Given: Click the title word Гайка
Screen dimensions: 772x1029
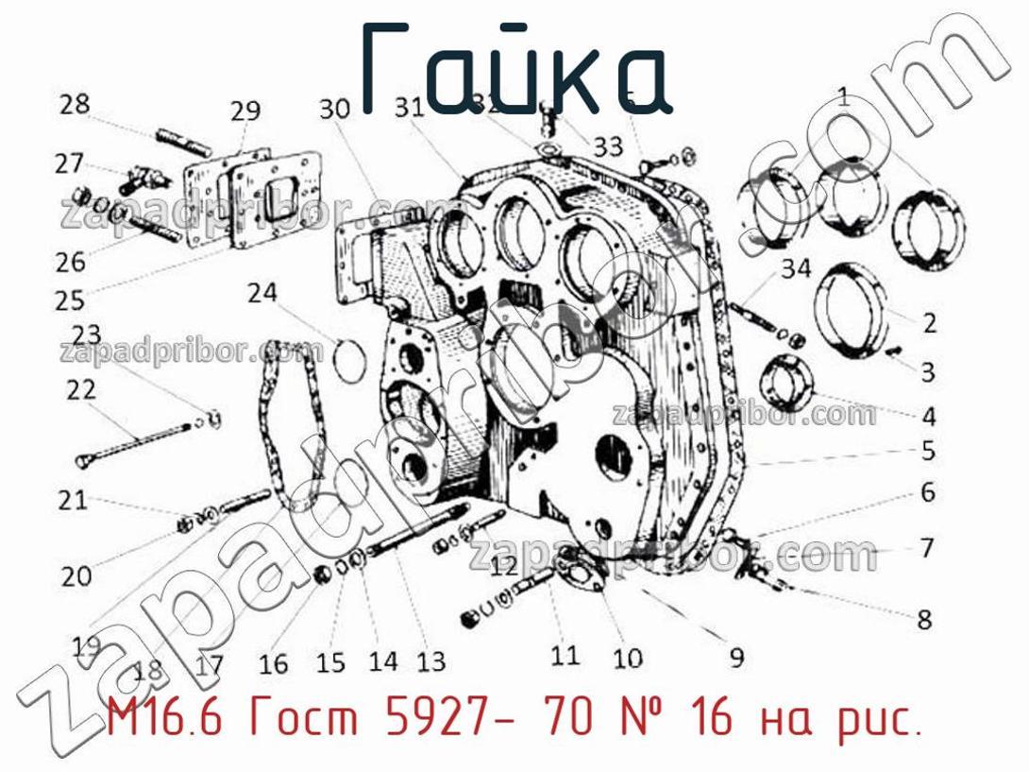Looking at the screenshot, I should coord(514,71).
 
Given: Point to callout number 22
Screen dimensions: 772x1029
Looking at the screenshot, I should coord(81,389).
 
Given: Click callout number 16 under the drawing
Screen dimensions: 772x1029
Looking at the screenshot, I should coord(273,664).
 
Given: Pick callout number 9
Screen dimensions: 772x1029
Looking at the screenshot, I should coord(735,655).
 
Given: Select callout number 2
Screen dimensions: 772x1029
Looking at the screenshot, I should coord(929,325).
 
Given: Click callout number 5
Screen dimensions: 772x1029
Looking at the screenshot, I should coord(928,452).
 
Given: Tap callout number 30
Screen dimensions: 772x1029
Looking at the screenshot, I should coord(334,112).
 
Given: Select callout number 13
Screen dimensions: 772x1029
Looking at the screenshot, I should coord(430,662).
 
